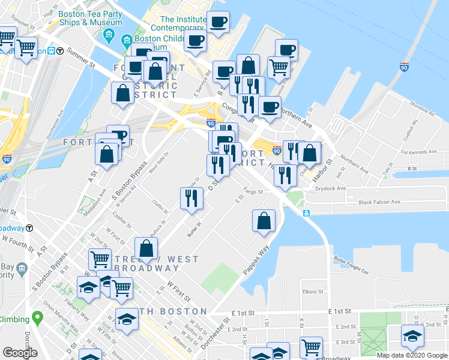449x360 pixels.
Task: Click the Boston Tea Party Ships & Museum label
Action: coord(91,18)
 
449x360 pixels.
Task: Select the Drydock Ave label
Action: coord(330,188)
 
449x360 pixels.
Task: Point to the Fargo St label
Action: coord(253,192)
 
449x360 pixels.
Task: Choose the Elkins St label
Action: coord(313,292)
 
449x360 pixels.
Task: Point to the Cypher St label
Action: coord(121,222)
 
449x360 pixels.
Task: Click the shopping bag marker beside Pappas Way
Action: coord(264,221)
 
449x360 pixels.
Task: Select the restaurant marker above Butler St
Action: coord(191,198)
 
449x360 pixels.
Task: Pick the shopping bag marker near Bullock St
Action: coord(146,248)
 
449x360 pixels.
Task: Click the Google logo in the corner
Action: coord(20,353)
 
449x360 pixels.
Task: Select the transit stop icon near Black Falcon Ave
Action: coord(306,213)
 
